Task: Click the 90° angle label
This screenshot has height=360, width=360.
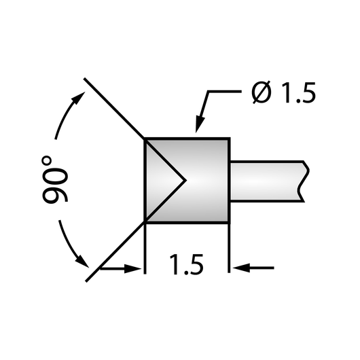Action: [x=55, y=179]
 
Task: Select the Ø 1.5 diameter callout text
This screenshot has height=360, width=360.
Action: [x=283, y=92]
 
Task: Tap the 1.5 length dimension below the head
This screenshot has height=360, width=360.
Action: [x=186, y=264]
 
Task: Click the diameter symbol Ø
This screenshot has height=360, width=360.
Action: [x=262, y=92]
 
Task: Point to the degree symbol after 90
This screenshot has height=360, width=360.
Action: [x=47, y=161]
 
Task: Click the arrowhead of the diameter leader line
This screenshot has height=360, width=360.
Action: [x=200, y=125]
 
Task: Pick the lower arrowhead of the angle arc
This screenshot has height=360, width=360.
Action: [x=82, y=262]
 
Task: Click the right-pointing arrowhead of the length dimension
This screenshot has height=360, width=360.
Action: [x=132, y=268]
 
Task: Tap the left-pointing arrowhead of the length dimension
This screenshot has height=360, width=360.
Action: [x=241, y=268]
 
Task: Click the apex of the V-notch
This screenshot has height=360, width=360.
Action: [x=185, y=180]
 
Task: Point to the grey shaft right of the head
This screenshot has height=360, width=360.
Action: [x=268, y=181]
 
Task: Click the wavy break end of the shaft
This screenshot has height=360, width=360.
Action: [x=304, y=181]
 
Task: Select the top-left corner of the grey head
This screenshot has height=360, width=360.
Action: [x=145, y=139]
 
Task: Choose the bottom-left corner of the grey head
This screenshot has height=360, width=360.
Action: [x=145, y=223]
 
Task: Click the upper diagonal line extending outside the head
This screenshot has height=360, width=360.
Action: [x=114, y=108]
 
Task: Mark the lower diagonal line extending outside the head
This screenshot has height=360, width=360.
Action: [x=115, y=252]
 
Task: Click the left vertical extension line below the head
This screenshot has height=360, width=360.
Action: [x=145, y=249]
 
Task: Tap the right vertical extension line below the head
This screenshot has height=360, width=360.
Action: [x=229, y=248]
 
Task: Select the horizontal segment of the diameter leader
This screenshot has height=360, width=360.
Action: [x=225, y=92]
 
